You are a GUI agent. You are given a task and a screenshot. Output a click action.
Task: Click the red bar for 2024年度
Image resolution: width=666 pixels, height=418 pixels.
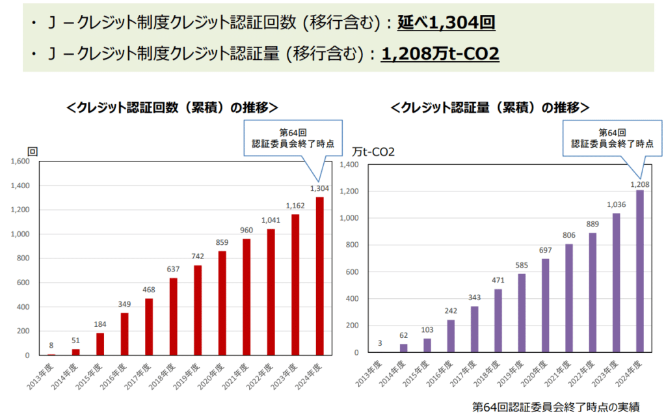[x=319, y=276]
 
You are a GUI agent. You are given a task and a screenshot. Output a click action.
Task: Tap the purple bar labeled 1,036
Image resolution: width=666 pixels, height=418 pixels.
[x=615, y=283]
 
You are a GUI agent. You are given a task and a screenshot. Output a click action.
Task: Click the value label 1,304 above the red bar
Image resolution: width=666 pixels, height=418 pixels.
[x=319, y=189]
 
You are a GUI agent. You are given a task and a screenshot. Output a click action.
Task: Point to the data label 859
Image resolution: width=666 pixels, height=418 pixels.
[x=222, y=243]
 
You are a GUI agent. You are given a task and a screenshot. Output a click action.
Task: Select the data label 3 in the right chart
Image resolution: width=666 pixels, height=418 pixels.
[x=379, y=344]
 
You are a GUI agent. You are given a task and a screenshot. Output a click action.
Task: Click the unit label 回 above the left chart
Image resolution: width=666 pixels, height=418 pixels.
[x=33, y=151]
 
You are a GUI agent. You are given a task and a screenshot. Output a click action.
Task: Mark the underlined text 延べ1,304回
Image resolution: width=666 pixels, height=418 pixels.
[x=447, y=24]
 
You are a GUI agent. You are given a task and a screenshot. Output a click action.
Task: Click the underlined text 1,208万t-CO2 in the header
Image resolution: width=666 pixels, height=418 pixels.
[x=440, y=54]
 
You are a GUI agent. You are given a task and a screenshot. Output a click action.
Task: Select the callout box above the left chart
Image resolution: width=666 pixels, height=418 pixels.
[x=293, y=137]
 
